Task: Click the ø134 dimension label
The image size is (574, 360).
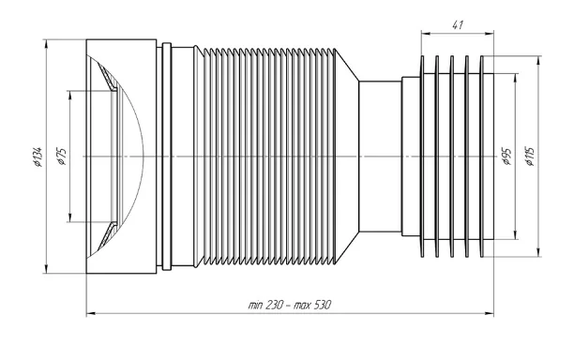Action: (38, 157)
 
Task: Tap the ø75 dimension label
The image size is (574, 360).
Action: (61, 157)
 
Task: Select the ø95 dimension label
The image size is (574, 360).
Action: (507, 157)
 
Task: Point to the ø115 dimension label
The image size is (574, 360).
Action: (530, 157)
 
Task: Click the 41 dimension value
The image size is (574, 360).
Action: (457, 25)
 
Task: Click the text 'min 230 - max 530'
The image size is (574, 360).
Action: (289, 305)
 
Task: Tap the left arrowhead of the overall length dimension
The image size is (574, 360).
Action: (91, 313)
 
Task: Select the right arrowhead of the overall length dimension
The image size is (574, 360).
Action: (489, 313)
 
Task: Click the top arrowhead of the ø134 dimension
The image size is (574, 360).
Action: (46, 44)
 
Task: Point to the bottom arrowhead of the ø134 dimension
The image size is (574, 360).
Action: (46, 268)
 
